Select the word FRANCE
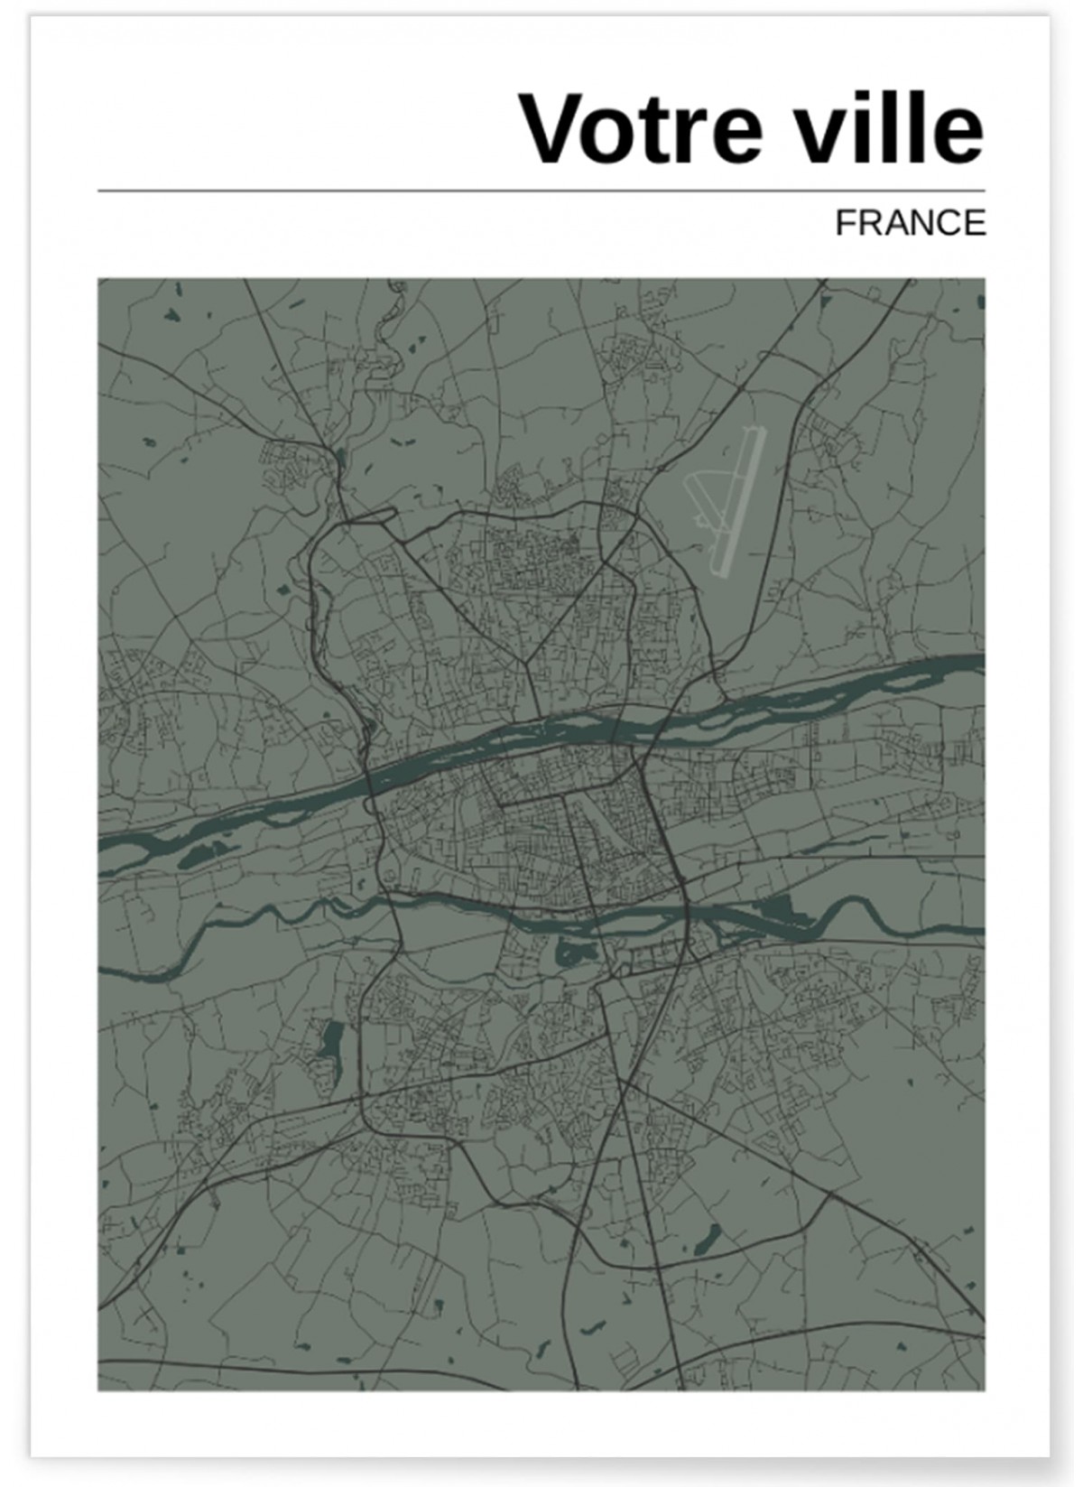tap(910, 223)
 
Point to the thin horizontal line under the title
tap(541, 191)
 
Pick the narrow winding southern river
tap(271, 912)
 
